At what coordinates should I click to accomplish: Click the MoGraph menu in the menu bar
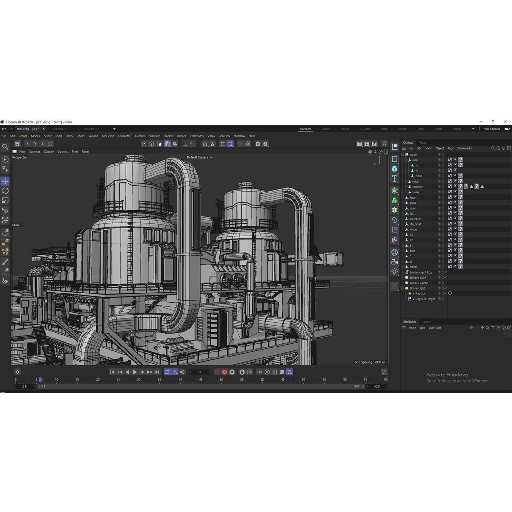pos(108,136)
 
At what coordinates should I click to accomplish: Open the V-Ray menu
pos(211,136)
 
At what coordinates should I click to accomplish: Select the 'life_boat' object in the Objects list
pos(415,224)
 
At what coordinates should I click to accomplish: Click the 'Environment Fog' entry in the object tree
pos(421,272)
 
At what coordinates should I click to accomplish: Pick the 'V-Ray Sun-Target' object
pos(423,299)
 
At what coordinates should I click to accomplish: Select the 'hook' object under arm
pos(419,176)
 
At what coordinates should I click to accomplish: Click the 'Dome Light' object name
pos(417,288)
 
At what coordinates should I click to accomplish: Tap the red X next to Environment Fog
pos(446,272)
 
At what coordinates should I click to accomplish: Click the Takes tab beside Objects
pos(423,143)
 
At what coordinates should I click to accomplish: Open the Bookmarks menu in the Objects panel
pos(465,148)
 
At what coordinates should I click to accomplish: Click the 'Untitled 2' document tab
pos(59,129)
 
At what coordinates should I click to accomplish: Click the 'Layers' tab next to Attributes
pos(427,322)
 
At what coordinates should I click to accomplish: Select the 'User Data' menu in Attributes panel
pos(435,328)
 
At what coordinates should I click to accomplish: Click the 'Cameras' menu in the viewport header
pos(35,152)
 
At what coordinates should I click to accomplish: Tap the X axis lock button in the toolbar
pos(27,144)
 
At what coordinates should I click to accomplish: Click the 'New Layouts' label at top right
pos(492,129)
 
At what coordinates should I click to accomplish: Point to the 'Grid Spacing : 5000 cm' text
pos(370,362)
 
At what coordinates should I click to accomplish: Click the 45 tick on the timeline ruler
pos(201,380)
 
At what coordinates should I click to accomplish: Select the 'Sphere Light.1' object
pos(419,283)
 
